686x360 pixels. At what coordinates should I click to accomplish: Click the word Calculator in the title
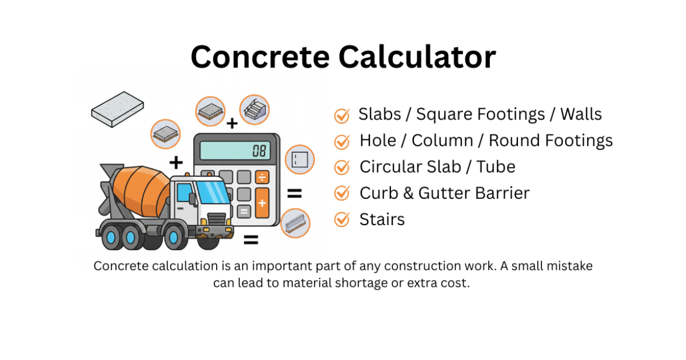click(x=417, y=57)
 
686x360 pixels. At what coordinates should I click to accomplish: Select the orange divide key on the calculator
click(x=262, y=177)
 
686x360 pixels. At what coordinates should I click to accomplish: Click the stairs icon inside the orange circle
click(x=254, y=110)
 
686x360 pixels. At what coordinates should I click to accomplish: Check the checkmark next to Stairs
click(x=342, y=219)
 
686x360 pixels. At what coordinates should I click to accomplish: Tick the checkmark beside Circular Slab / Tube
click(x=342, y=167)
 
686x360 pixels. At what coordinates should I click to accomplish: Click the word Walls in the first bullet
click(x=581, y=114)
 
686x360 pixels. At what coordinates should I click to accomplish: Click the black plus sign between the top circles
click(x=232, y=123)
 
